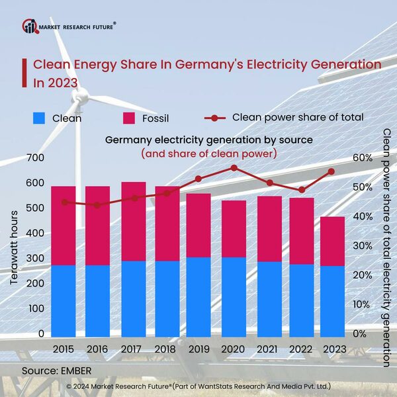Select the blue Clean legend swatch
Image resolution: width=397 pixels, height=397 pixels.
(40, 118)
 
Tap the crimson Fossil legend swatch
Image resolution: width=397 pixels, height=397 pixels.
(129, 118)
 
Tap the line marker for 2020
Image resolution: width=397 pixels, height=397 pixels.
(234, 167)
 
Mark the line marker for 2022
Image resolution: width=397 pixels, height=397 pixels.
(302, 190)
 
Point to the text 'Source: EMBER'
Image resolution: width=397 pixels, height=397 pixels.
(56, 369)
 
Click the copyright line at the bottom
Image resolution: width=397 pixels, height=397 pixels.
(198, 385)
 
